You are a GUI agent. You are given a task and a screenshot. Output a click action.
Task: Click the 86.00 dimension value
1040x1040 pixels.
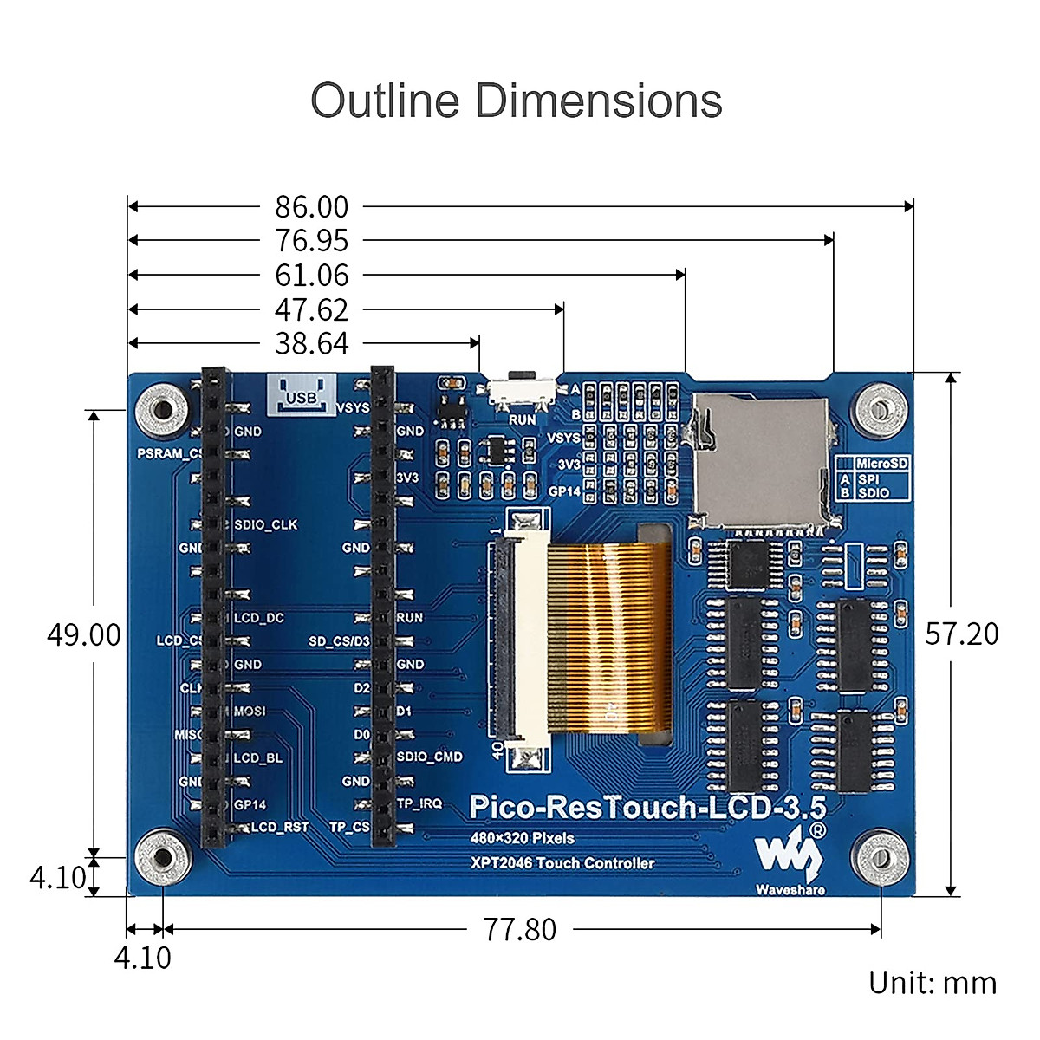312,207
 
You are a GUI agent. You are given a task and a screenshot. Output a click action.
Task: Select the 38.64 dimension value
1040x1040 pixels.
312,344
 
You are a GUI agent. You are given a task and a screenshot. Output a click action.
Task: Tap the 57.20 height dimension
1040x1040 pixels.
962,634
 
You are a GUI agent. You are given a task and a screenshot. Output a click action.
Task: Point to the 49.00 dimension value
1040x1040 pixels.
84,634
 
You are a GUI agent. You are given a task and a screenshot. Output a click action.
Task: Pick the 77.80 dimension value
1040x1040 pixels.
520,930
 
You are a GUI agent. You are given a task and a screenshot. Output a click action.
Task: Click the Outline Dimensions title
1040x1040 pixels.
517,101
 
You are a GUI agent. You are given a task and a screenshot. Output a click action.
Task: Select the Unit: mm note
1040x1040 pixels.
933,983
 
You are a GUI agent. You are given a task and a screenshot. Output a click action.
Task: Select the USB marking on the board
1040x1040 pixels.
302,396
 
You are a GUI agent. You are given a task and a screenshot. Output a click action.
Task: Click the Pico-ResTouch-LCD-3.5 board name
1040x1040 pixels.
647,808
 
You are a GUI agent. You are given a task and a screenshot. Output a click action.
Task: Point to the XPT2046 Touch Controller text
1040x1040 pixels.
562,863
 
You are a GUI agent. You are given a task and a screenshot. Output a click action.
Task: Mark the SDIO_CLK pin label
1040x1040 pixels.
265,525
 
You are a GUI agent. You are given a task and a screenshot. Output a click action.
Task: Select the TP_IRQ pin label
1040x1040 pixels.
419,804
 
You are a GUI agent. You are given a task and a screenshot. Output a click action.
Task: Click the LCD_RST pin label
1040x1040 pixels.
279,828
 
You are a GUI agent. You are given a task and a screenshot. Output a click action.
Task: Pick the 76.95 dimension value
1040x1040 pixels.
312,241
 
